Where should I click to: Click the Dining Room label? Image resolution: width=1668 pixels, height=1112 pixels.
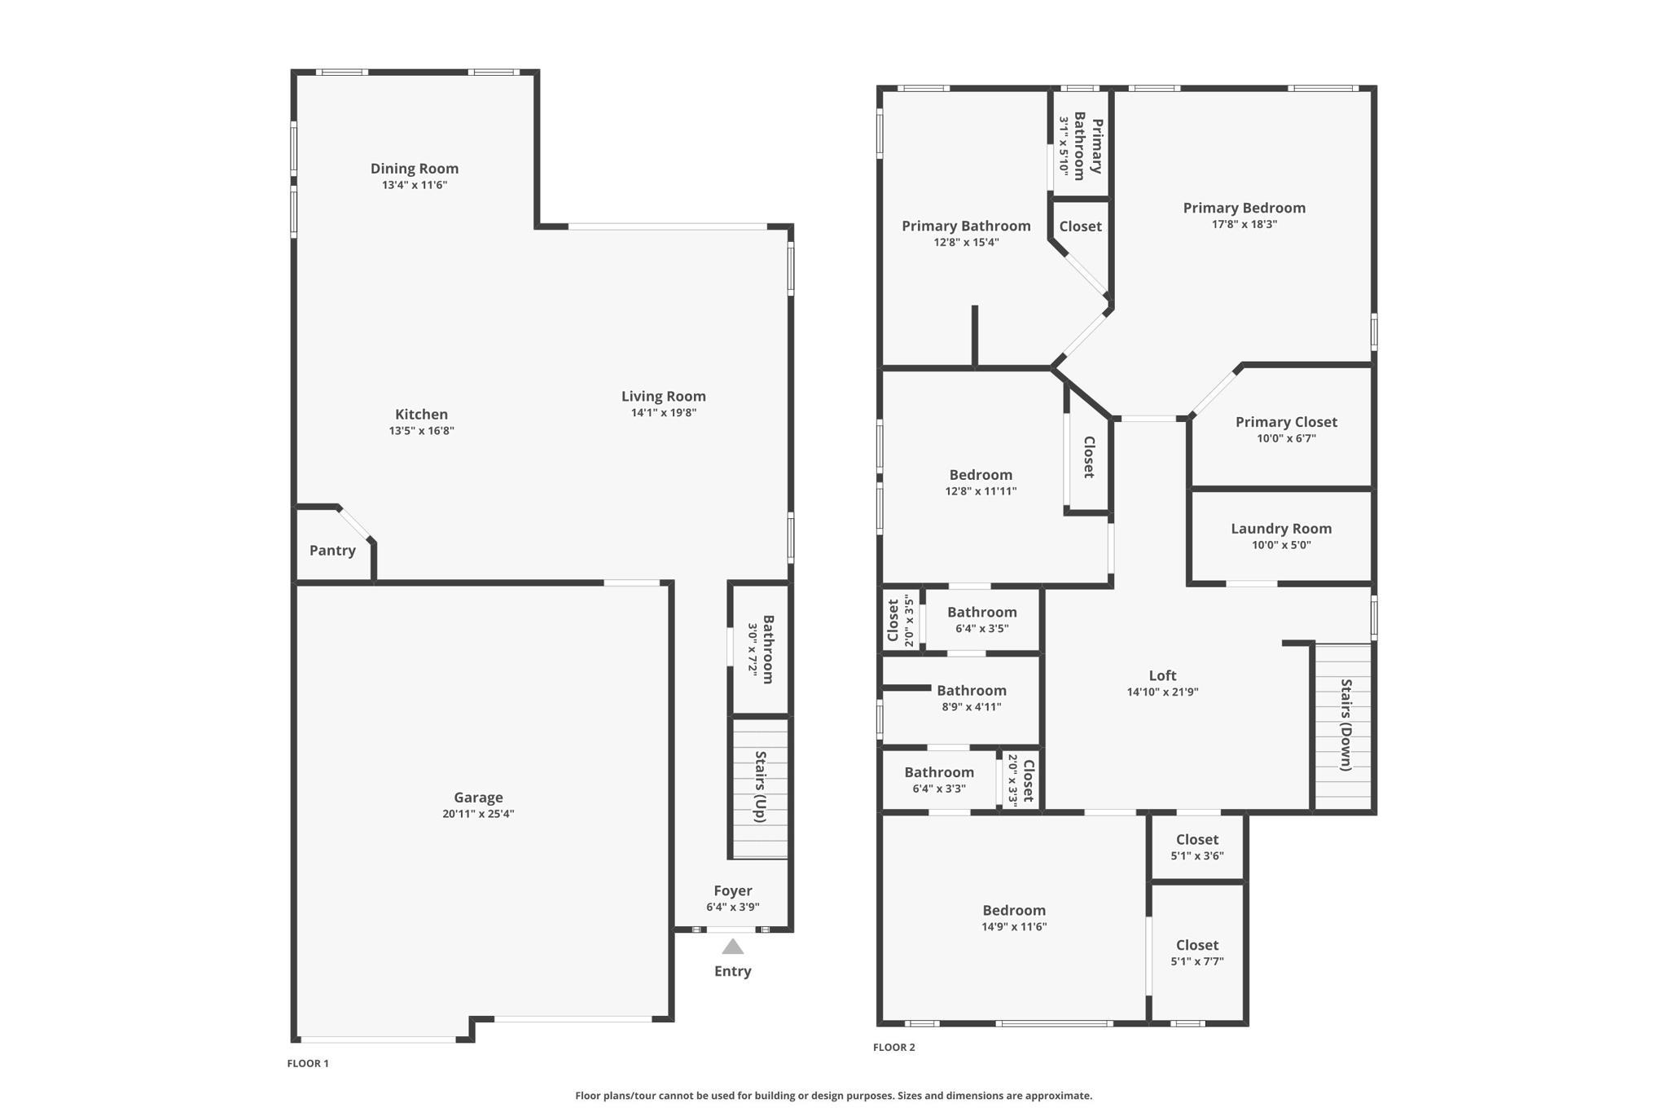415,169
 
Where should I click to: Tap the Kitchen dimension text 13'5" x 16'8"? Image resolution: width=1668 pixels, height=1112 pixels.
421,431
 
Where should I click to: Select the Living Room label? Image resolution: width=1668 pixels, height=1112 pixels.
663,397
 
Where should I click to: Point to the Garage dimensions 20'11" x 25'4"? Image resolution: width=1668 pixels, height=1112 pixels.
478,814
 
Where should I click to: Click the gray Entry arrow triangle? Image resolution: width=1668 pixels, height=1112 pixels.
732,946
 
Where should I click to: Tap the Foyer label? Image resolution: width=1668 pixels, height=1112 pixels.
733,890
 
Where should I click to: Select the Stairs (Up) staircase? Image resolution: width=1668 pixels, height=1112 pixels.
760,788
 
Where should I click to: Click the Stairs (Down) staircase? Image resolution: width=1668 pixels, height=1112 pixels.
1343,727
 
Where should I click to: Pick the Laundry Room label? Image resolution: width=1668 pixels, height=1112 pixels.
1281,529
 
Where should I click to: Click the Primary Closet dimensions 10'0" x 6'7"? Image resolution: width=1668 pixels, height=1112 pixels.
1286,438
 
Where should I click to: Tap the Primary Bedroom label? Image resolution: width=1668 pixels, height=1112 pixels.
1244,208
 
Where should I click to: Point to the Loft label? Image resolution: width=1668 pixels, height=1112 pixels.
1162,675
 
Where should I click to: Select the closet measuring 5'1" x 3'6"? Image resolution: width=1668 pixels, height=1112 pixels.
1196,847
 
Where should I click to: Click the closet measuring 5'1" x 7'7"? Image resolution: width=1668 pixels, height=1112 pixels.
1196,952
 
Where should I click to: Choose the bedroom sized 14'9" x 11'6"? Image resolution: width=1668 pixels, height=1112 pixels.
1014,917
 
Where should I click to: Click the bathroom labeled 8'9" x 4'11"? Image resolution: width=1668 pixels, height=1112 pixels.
961,699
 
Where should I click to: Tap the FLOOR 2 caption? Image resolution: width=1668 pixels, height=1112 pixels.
894,1048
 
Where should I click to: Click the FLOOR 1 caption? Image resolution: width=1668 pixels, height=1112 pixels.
308,1063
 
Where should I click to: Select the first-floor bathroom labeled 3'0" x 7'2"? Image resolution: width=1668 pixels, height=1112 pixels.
760,648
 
